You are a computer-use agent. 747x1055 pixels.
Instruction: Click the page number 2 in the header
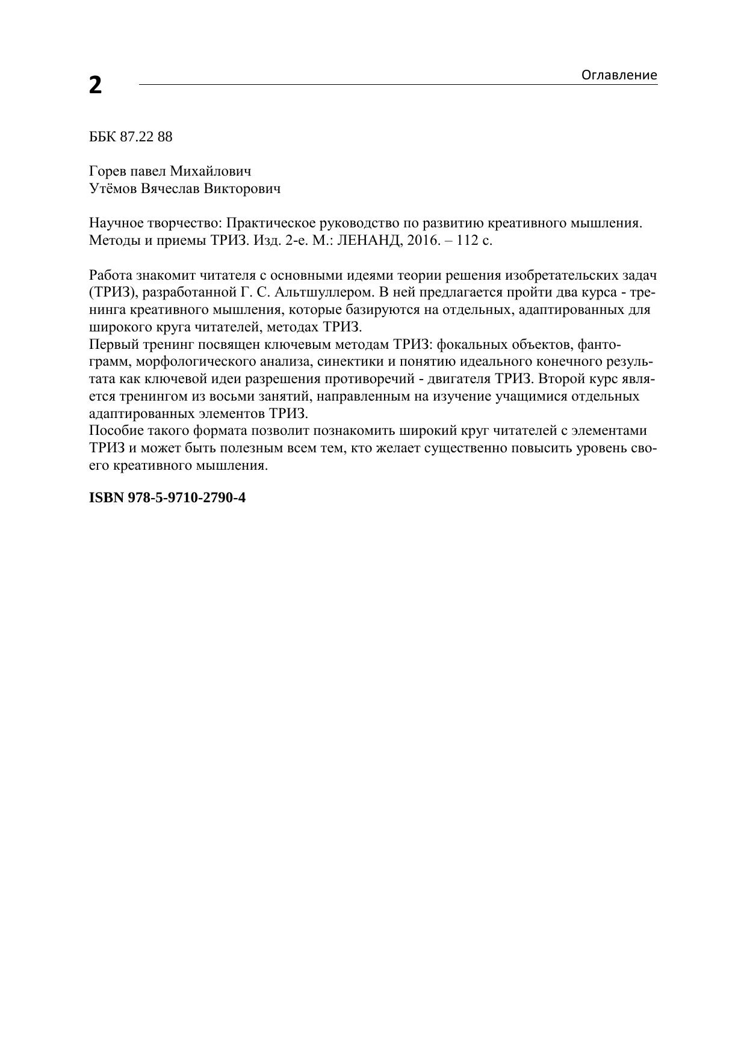95,85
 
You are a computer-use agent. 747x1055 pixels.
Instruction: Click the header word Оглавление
619,75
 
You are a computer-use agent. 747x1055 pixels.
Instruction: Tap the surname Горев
108,171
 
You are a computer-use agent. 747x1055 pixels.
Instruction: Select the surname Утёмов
113,189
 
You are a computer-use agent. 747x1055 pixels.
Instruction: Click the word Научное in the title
116,223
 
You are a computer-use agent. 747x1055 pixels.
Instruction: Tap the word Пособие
114,431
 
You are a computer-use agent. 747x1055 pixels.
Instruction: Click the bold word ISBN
106,498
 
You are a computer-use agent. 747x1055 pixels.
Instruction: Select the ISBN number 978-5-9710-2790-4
187,498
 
